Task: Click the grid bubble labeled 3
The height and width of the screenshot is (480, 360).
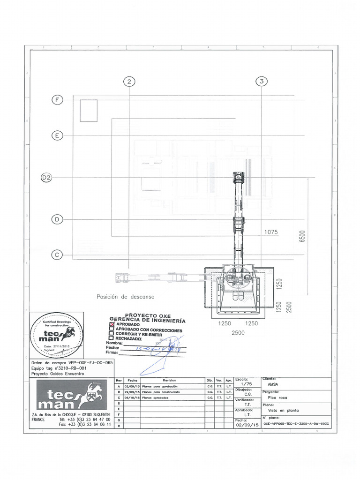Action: tap(261, 82)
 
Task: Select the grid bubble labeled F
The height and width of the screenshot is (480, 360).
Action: tap(57, 100)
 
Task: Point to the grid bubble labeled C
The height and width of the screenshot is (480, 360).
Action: tap(57, 255)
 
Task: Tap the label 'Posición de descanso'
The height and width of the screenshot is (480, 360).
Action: tap(125, 297)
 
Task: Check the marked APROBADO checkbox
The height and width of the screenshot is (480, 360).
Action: tap(112, 324)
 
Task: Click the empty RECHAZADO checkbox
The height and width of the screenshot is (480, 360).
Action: tap(112, 337)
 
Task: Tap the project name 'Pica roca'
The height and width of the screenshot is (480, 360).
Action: tap(277, 396)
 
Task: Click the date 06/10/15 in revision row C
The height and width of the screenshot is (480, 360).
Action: tap(132, 397)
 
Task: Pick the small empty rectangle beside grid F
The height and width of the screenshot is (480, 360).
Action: tap(89, 111)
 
